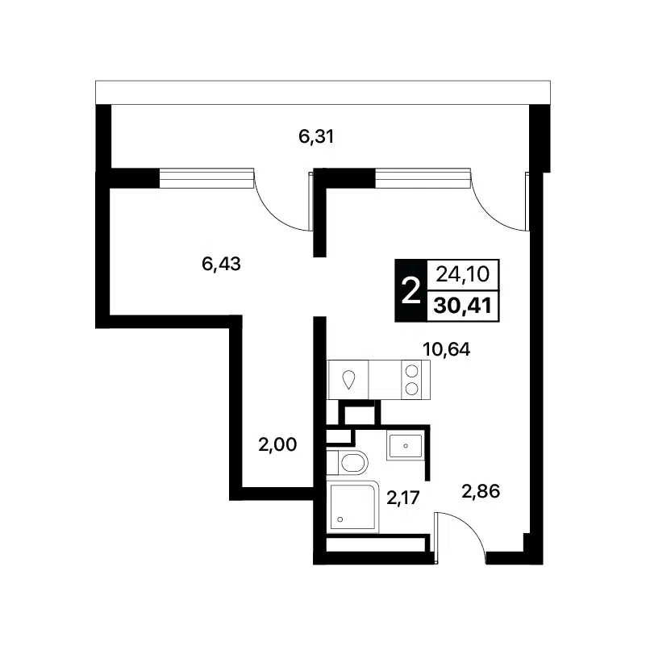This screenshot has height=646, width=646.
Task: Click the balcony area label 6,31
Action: pyautogui.click(x=316, y=136)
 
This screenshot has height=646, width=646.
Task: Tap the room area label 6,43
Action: pyautogui.click(x=221, y=264)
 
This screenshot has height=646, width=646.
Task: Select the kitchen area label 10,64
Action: pyautogui.click(x=447, y=349)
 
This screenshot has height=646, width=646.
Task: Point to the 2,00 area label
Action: pyautogui.click(x=277, y=445)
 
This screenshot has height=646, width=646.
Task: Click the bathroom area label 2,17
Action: pyautogui.click(x=403, y=498)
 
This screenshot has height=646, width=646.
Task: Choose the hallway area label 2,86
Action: pyautogui.click(x=481, y=491)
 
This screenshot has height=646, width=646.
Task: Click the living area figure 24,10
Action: pyautogui.click(x=463, y=274)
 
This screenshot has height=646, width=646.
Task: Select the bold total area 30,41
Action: pyautogui.click(x=463, y=306)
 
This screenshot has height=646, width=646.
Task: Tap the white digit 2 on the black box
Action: pyautogui.click(x=411, y=290)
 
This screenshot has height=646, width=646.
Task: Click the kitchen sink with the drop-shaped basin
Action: pyautogui.click(x=349, y=379)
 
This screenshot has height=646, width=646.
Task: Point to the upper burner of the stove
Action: pyautogui.click(x=411, y=371)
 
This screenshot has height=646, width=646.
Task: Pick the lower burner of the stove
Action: pyautogui.click(x=411, y=388)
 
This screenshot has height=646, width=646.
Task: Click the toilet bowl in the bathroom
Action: pyautogui.click(x=353, y=462)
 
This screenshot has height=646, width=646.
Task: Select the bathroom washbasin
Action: pyautogui.click(x=406, y=445)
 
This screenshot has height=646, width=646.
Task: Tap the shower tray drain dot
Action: pyautogui.click(x=340, y=519)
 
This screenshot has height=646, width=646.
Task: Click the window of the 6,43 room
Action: pyautogui.click(x=206, y=178)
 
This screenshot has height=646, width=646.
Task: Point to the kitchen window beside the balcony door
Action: pyautogui.click(x=423, y=178)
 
